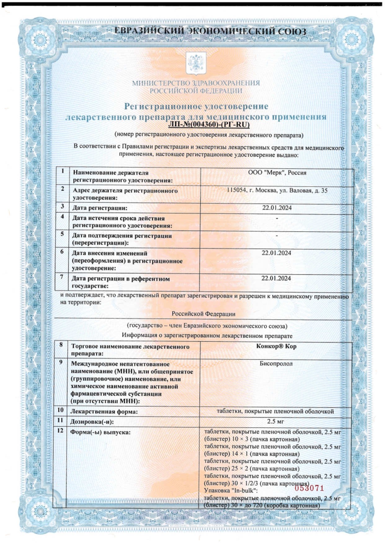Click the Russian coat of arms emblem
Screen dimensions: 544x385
coord(196,64)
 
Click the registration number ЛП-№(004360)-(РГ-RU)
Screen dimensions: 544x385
coord(209,125)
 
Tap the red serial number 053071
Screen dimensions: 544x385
coord(309,488)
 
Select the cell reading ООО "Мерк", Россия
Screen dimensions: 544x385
coord(277,173)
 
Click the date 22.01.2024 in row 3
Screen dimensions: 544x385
coord(277,208)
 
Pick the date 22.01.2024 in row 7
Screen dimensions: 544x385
coord(276,278)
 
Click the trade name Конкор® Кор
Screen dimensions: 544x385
coord(276,346)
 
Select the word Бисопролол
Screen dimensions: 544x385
coord(276,364)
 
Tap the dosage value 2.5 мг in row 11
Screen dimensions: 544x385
coord(275,421)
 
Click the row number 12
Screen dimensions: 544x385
coord(60,431)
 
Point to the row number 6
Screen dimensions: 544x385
coord(62,252)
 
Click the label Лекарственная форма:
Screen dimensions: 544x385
coord(104,412)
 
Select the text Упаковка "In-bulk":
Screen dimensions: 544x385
coord(231,490)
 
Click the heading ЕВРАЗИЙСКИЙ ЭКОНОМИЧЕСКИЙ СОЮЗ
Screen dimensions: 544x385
coord(210,31)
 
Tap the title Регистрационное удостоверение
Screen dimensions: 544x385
coord(196,106)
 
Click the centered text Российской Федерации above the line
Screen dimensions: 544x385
coord(204,314)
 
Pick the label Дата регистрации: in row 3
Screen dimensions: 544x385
coord(100,208)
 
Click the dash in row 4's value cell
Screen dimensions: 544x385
coord(277,218)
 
